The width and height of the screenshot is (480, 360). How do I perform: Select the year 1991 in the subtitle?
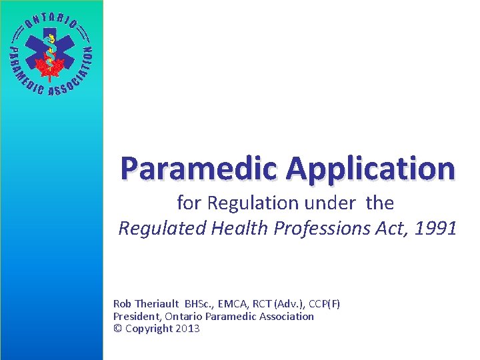(x=437, y=229)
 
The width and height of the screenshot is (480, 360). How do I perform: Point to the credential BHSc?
(x=200, y=304)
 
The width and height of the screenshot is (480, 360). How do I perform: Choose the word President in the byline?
(x=137, y=316)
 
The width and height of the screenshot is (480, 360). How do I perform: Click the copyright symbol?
(x=117, y=328)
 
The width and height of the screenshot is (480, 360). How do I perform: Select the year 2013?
(x=187, y=328)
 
